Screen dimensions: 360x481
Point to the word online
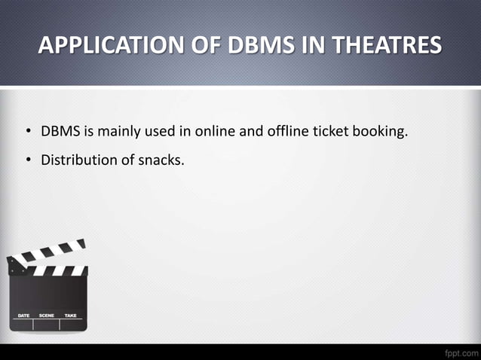click(x=215, y=133)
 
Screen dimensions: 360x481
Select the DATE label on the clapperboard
click(x=23, y=315)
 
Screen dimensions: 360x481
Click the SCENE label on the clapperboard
click(x=47, y=315)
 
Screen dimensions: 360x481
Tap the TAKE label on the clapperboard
click(x=70, y=315)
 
